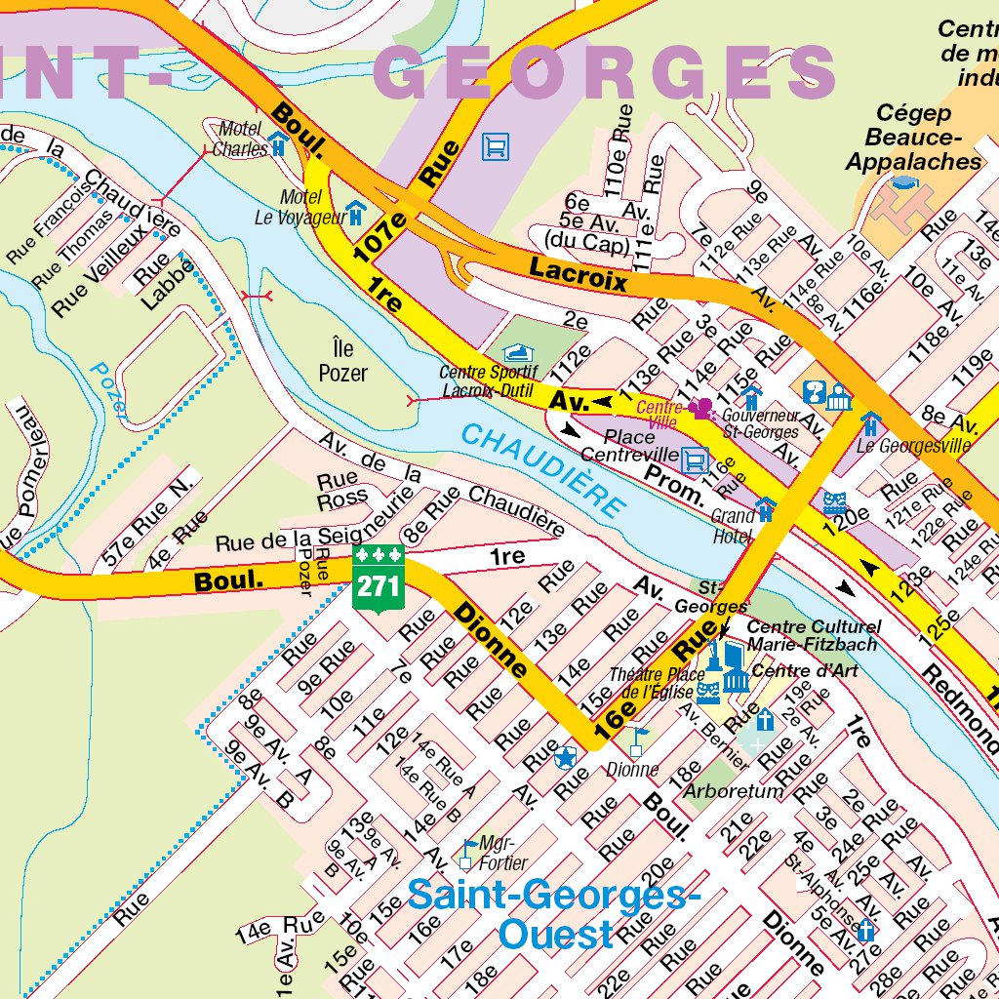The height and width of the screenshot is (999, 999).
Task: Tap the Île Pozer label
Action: tap(342, 360)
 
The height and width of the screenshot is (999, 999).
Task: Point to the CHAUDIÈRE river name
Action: tap(542, 470)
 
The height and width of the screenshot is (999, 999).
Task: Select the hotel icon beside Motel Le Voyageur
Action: tap(357, 211)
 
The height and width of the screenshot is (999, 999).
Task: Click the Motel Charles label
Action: tap(240, 140)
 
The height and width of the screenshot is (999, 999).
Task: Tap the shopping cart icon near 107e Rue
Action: tap(496, 147)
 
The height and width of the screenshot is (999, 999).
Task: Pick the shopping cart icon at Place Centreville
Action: tap(694, 458)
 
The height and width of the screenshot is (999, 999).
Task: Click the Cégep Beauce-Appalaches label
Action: tap(912, 138)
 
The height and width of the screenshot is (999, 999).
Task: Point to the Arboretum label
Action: tap(733, 791)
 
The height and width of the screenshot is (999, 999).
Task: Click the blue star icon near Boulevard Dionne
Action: tap(565, 756)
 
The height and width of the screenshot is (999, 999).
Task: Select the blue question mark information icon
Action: tap(813, 392)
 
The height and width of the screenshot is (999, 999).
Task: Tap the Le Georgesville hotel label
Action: tap(913, 446)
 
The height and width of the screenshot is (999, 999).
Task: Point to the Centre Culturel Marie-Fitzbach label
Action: tap(813, 635)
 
